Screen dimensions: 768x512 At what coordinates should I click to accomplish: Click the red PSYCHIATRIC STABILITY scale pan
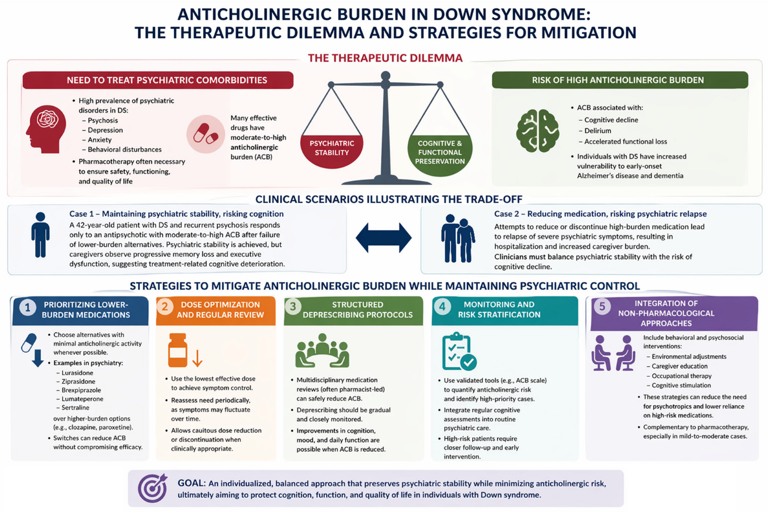point(332,151)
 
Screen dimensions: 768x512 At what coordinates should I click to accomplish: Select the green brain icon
point(537,131)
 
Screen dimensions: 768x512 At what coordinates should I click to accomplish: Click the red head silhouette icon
point(46,129)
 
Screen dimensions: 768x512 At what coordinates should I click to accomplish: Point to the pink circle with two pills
point(206,134)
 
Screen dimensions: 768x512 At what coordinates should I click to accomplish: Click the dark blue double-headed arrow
point(383,237)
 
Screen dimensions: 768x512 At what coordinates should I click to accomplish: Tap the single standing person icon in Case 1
point(40,235)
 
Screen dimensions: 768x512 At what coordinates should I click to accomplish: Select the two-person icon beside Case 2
point(458,238)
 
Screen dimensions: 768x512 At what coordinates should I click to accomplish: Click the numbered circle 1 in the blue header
point(28,307)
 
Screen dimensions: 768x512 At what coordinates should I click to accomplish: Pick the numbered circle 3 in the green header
point(293,306)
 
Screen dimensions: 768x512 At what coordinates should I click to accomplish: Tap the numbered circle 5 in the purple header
point(602,306)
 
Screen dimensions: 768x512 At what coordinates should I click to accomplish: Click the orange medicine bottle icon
point(177,350)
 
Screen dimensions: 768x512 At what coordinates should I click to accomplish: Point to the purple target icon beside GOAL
point(153,488)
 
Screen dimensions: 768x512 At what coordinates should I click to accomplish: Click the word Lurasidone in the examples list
point(77,373)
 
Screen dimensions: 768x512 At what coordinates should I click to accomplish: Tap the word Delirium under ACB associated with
point(597,131)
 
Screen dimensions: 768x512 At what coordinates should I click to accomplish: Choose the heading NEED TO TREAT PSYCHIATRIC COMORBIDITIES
point(166,80)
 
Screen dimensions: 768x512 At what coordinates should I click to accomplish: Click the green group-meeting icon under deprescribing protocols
point(322,350)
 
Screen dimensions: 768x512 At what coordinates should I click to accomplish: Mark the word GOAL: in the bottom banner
point(191,483)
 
